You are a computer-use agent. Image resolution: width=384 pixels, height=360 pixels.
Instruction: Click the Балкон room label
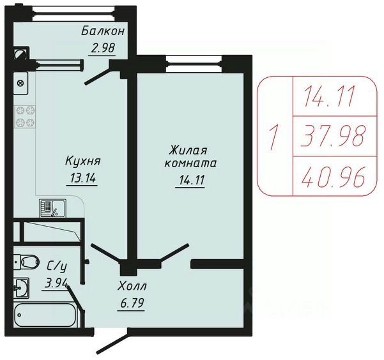[x=103, y=31]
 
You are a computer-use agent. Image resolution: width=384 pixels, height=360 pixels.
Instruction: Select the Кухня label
[x=83, y=161]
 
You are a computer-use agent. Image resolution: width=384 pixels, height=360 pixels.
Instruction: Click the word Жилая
[x=188, y=150]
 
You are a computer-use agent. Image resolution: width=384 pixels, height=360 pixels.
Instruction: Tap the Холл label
[x=132, y=286]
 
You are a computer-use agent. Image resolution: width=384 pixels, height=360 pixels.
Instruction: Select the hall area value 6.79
[x=132, y=303]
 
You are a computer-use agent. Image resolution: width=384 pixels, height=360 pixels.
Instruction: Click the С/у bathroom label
[x=58, y=267]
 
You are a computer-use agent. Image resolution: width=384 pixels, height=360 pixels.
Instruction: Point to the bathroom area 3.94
[x=56, y=283]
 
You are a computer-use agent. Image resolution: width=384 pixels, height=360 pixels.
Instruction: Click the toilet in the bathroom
[x=26, y=262]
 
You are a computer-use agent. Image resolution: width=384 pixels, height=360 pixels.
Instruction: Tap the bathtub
[x=45, y=315]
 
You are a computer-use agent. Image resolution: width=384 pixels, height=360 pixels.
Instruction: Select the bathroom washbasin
[x=21, y=288]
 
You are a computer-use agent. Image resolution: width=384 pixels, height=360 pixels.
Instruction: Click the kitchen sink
[x=52, y=208]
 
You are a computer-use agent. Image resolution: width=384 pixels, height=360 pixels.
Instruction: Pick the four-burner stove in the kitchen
[x=25, y=117]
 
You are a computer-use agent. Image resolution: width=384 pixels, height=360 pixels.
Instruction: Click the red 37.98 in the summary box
[x=334, y=136]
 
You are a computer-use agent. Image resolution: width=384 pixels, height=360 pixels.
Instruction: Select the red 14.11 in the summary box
[x=330, y=96]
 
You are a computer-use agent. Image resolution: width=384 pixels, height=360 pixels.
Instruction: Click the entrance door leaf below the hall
[x=112, y=342]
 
